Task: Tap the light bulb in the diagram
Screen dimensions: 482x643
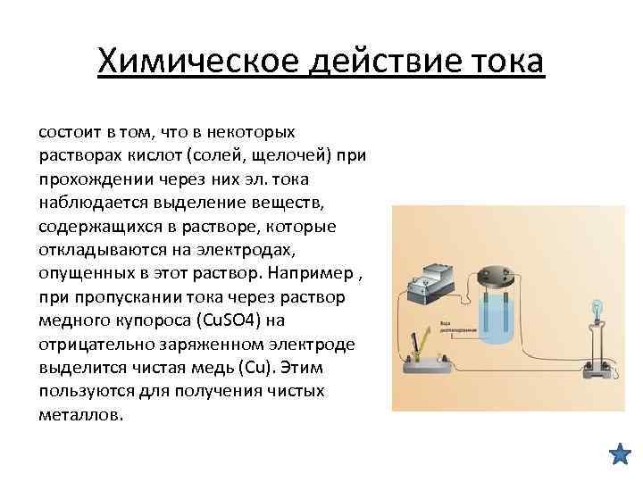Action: coord(596,308)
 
